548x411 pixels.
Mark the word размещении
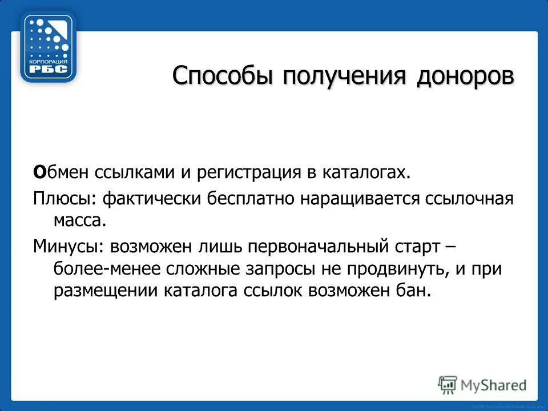pos(105,290)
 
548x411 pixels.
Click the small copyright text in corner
pos(505,405)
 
